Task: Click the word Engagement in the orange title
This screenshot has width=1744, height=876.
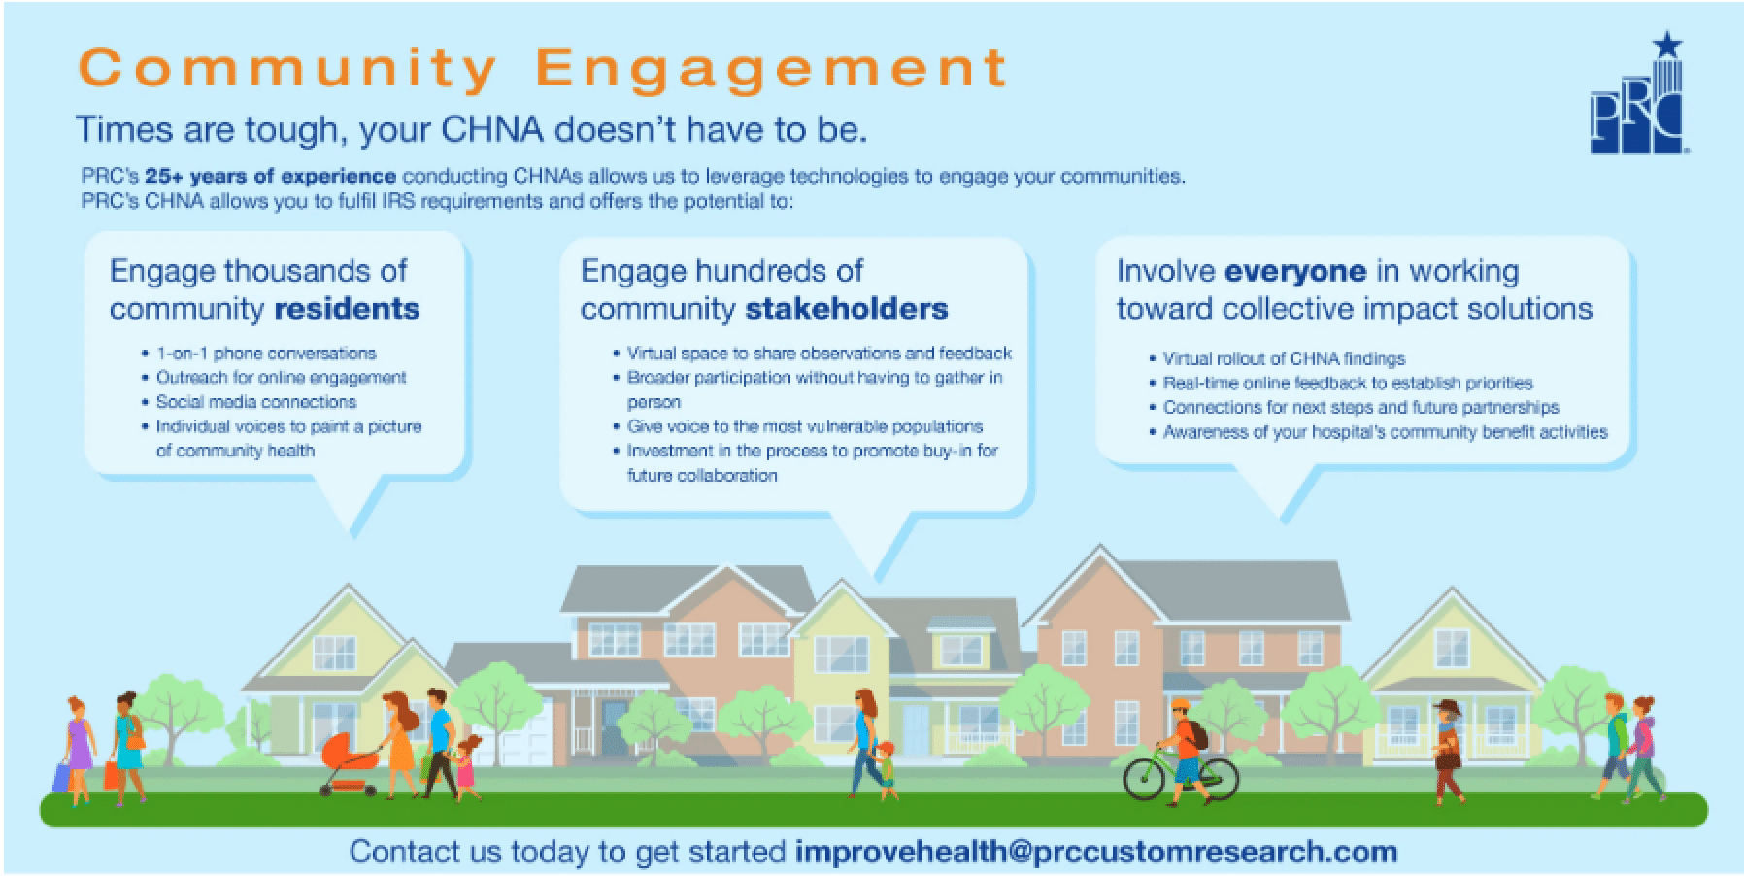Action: (772, 69)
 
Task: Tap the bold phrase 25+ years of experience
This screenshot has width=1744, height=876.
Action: (270, 177)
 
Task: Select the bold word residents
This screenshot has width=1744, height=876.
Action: (347, 309)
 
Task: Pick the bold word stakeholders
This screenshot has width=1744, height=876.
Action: (847, 309)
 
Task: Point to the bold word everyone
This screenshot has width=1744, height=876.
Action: (1295, 271)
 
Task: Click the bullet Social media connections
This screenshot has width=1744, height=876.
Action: (256, 402)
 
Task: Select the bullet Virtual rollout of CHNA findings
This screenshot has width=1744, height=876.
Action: (1284, 358)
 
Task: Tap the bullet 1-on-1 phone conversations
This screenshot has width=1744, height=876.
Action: (266, 354)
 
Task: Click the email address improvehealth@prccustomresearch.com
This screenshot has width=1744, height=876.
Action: (1096, 852)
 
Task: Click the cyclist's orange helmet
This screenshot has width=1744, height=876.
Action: (1181, 706)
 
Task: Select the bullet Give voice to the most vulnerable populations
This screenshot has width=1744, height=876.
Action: (804, 426)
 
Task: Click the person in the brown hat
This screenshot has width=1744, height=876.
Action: (1447, 751)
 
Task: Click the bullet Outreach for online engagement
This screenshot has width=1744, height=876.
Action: (281, 378)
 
